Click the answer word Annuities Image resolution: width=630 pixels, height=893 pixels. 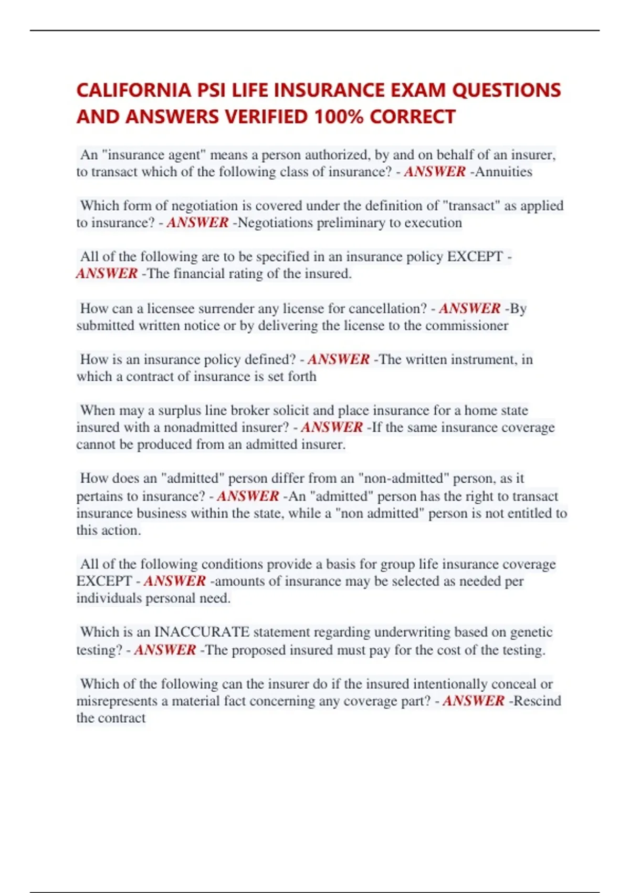pos(503,172)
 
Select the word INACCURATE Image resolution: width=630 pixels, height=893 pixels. pos(202,631)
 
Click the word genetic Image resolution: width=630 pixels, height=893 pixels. pos(531,631)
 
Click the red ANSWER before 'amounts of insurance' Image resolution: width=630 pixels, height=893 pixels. pos(175,581)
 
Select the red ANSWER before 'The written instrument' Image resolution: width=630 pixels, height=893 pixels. pos(339,359)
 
